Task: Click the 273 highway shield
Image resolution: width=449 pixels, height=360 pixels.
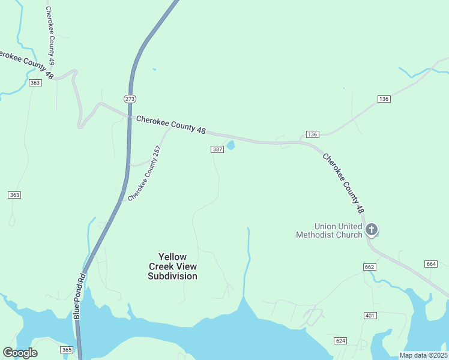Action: click(x=130, y=98)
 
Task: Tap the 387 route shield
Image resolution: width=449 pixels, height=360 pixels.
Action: click(x=217, y=149)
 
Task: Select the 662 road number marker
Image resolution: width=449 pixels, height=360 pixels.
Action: click(x=370, y=266)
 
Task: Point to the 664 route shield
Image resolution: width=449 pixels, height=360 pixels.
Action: click(x=430, y=264)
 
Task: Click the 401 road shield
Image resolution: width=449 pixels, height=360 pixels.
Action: click(x=370, y=315)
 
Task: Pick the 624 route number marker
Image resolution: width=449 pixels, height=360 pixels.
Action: click(x=340, y=341)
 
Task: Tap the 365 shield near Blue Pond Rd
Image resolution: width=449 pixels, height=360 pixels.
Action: click(x=67, y=350)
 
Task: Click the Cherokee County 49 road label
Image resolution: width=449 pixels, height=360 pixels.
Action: click(x=51, y=37)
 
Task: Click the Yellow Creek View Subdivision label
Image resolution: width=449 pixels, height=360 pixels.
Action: click(x=172, y=266)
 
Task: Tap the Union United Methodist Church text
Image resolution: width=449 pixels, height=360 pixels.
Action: click(x=329, y=230)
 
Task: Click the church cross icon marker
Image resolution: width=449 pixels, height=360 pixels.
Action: click(x=372, y=229)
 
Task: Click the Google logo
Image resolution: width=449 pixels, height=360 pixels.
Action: click(x=20, y=353)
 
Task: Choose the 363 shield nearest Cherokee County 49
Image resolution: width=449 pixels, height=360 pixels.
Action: click(x=35, y=82)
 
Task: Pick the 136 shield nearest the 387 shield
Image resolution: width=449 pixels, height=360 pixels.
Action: click(x=312, y=134)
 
